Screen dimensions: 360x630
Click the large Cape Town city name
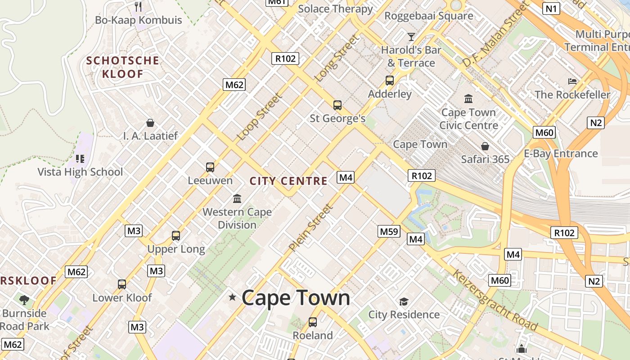(296, 298)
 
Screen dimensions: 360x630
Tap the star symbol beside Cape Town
(232, 297)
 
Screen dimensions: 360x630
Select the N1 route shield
(551, 8)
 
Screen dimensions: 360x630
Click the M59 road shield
(389, 231)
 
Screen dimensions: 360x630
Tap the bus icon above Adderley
(390, 81)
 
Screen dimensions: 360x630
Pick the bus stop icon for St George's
(337, 105)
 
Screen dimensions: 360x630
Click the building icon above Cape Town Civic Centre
(468, 99)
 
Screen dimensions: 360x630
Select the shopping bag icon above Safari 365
(485, 146)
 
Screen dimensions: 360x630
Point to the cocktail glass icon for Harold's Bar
(411, 37)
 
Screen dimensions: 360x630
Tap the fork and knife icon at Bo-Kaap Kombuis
(138, 7)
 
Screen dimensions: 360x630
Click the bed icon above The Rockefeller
(572, 81)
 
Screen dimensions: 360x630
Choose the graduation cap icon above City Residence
(404, 301)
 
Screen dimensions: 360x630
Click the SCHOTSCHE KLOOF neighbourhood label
(122, 67)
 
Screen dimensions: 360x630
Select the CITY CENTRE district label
(288, 181)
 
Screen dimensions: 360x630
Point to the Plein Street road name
(311, 228)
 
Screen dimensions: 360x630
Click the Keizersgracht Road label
(495, 300)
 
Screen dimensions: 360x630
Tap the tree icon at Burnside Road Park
(24, 300)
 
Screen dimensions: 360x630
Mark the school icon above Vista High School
(80, 158)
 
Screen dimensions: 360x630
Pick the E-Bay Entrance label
(561, 153)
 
